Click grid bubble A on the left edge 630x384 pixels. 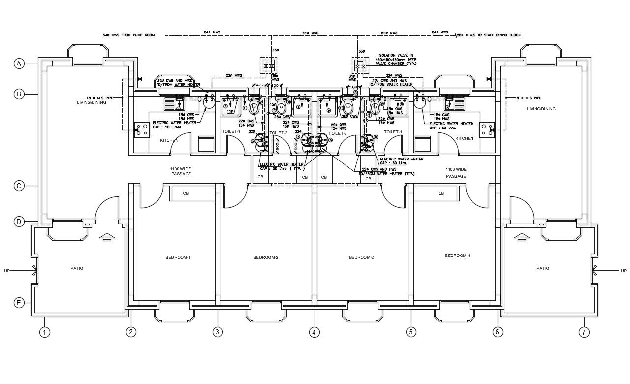pyautogui.click(x=19, y=64)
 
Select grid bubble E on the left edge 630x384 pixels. pyautogui.click(x=19, y=303)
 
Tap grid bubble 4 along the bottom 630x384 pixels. pyautogui.click(x=314, y=332)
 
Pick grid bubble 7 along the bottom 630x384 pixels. pyautogui.click(x=584, y=332)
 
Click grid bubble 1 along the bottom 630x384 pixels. pyautogui.click(x=45, y=332)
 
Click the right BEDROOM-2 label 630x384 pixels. pyautogui.click(x=361, y=257)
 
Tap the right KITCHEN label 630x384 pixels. pyautogui.click(x=464, y=138)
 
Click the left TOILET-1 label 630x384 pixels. pyautogui.click(x=231, y=131)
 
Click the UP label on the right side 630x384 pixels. pyautogui.click(x=623, y=271)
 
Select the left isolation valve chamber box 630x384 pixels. pyautogui.click(x=269, y=65)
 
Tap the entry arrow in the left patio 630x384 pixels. pyautogui.click(x=106, y=237)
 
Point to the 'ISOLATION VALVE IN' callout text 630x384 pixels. pyautogui.click(x=396, y=56)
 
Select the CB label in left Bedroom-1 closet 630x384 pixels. pyautogui.click(x=186, y=193)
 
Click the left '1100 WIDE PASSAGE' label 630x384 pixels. pyautogui.click(x=181, y=171)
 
